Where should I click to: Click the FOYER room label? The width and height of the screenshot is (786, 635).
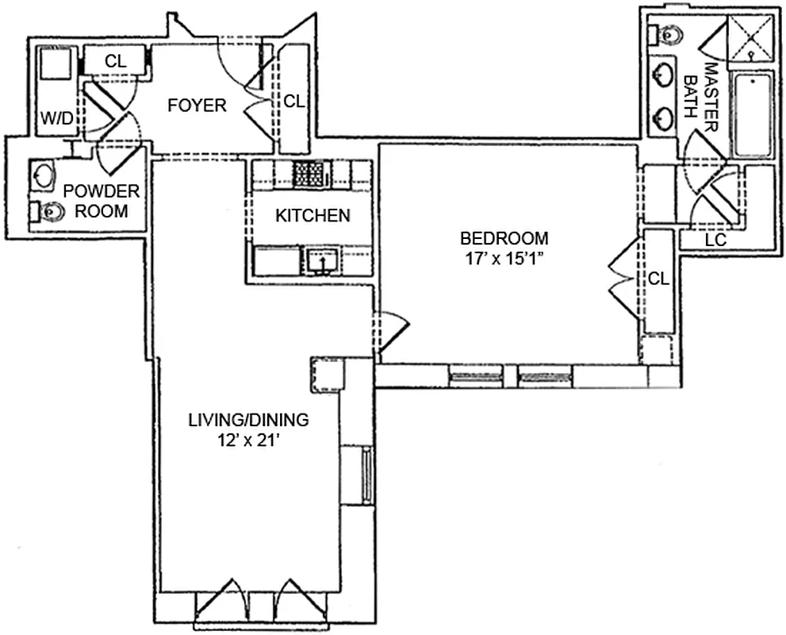197,106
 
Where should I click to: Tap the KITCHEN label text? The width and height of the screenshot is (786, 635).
312,215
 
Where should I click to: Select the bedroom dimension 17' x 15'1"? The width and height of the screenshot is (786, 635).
504,258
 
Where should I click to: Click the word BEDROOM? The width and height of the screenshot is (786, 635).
504,237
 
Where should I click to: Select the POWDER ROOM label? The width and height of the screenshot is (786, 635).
101,202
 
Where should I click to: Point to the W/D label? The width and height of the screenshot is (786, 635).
56,119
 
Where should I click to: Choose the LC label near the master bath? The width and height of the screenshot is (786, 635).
715,239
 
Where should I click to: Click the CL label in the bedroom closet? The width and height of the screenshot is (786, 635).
658,279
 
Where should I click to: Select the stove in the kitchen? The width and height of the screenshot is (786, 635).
311,173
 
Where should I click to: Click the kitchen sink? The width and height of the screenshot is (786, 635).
321,260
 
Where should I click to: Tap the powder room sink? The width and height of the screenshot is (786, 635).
44,175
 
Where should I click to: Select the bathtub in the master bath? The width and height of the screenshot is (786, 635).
753,114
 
